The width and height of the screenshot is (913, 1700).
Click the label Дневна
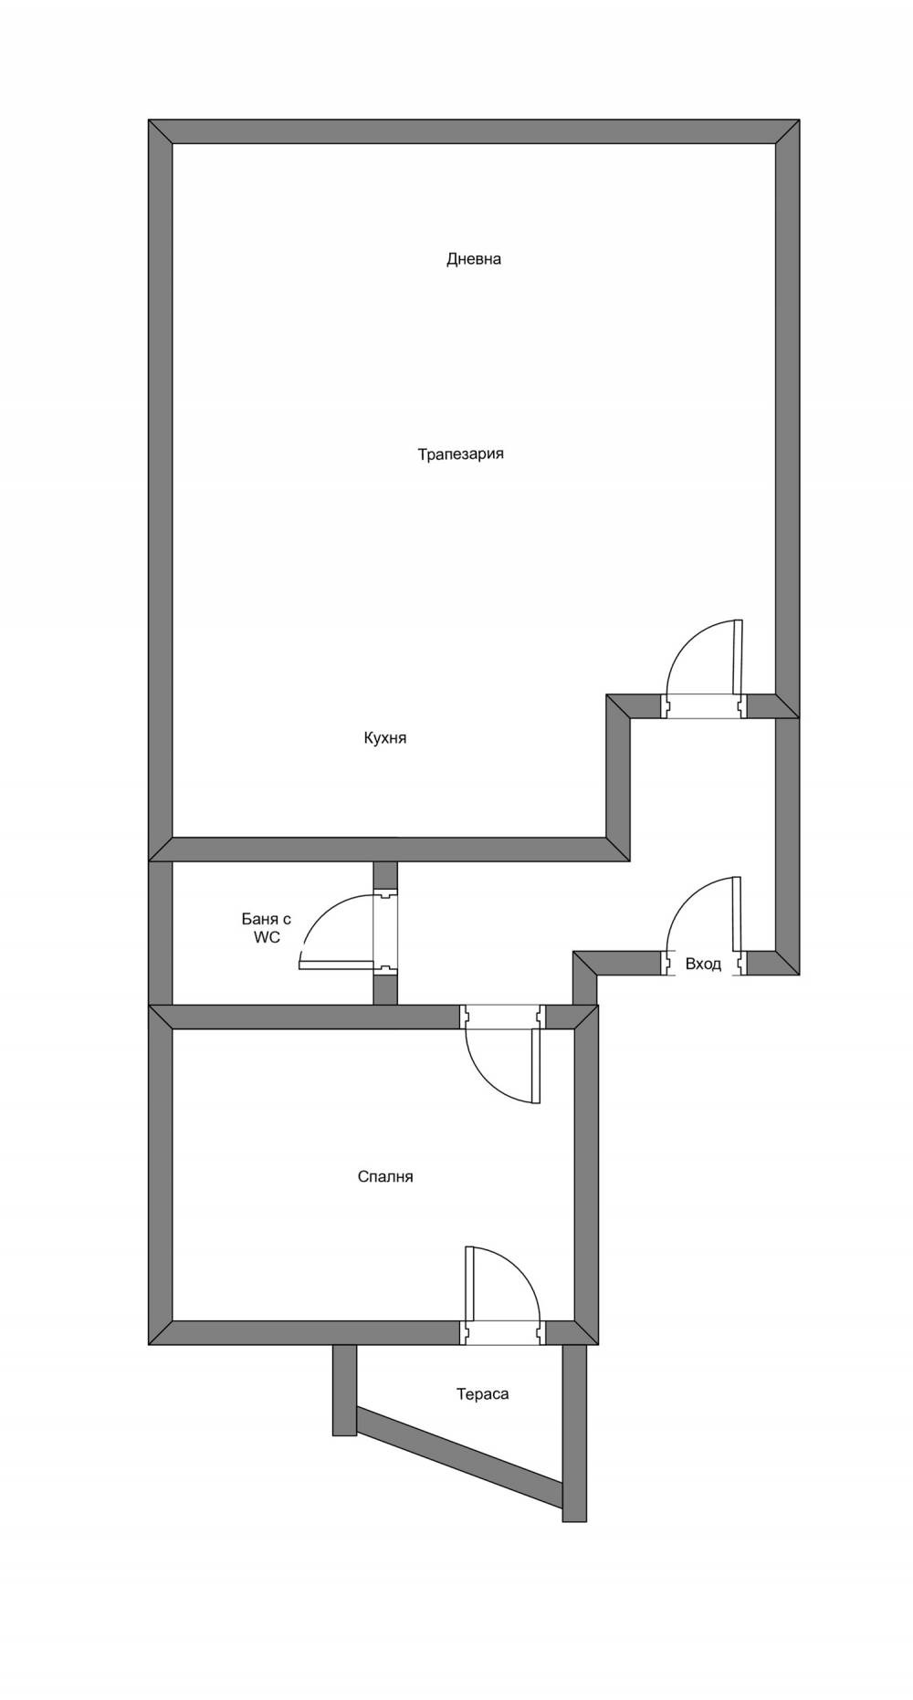pos(473,259)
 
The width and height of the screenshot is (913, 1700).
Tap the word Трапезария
pos(460,454)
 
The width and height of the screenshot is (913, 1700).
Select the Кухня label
pos(384,738)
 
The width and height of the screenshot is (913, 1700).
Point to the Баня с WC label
pos(267,928)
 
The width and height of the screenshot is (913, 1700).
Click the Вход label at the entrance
pos(703,965)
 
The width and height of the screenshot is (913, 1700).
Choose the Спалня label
pos(384,1177)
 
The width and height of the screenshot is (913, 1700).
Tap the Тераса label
pos(482,1394)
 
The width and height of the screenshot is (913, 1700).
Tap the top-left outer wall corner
pos(161,131)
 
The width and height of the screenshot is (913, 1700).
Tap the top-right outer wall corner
pos(787,131)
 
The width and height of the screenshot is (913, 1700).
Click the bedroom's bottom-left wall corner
pos(161,1332)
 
